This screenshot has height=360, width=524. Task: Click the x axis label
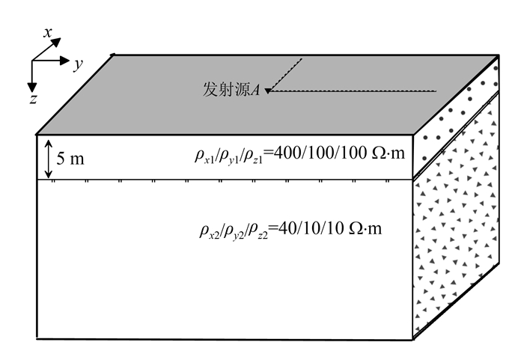[x=48, y=32]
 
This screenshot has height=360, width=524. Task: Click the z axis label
[x=34, y=98]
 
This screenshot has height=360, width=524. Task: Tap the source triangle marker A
[x=267, y=91]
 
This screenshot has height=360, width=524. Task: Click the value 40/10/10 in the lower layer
[x=313, y=228]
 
